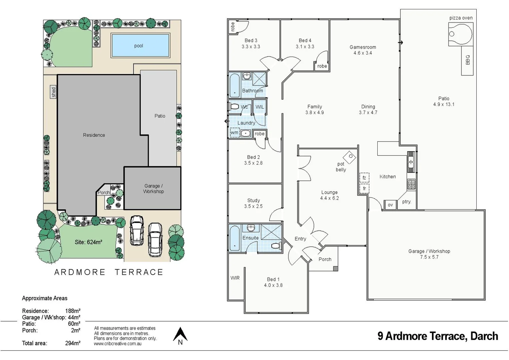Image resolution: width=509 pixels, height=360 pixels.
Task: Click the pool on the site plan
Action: click(140, 46)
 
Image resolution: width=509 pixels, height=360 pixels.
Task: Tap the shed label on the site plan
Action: click(53, 92)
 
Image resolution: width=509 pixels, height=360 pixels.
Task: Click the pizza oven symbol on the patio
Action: click(460, 34)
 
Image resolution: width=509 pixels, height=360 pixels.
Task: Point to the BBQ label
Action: click(467, 60)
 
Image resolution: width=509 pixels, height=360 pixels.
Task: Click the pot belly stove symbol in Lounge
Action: click(350, 156)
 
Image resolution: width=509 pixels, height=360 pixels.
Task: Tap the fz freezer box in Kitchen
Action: click(364, 178)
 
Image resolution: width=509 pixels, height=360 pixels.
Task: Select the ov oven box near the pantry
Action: click(390, 205)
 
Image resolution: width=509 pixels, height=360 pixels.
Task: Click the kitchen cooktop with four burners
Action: click(411, 184)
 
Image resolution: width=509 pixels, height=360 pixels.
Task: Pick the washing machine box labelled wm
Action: click(235, 133)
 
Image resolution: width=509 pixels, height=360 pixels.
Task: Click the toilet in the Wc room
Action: click(234, 107)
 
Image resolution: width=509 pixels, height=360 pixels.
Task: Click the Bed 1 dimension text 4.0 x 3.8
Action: click(273, 285)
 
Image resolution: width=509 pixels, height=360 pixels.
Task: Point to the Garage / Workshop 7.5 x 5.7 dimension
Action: click(429, 257)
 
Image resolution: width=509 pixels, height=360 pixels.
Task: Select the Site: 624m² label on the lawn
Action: click(88, 242)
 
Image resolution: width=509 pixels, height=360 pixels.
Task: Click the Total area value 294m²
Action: click(73, 343)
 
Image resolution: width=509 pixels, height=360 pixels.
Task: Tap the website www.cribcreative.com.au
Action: click(118, 344)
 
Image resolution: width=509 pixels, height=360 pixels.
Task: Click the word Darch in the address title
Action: click(484, 336)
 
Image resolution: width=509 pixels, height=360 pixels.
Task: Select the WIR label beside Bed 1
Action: click(235, 278)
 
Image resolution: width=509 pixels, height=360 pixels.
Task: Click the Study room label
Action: click(253, 200)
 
